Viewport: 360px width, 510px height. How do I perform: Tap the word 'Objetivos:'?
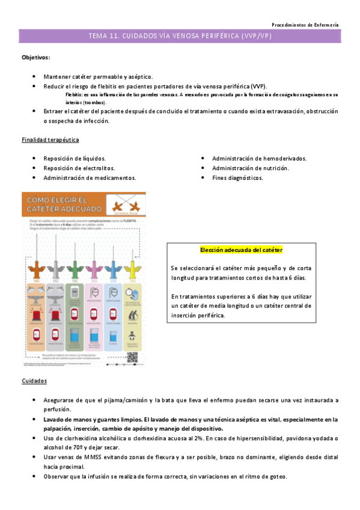point(36,58)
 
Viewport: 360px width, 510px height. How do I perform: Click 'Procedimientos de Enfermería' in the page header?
point(305,25)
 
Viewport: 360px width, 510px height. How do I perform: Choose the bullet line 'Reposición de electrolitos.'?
point(79,168)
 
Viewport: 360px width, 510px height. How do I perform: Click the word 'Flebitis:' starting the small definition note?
point(75,95)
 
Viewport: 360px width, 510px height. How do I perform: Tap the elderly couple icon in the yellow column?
point(131,313)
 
